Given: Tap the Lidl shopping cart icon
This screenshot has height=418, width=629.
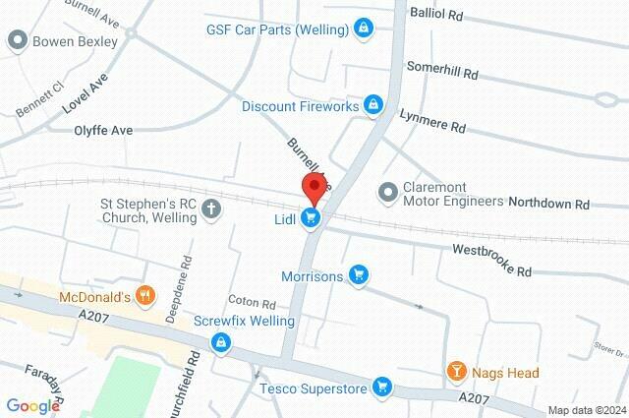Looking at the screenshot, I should pos(312,217).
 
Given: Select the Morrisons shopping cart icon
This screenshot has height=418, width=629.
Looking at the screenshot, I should pos(360,276).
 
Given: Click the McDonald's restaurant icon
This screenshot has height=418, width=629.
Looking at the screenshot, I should pos(145,294).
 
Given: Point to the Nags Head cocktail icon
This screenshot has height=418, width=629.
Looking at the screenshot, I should pos(456,371).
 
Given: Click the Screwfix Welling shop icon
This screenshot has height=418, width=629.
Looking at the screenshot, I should pos(222,341).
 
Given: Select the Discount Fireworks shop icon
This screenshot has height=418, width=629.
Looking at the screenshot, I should pos(372,103).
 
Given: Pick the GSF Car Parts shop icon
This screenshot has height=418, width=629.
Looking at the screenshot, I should pos(364,28).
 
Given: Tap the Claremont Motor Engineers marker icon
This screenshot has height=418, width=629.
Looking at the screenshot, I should pos(386,189).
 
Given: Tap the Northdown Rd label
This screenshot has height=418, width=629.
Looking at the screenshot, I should pos(548,205).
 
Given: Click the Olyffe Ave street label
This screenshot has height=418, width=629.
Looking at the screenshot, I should pos(103,129).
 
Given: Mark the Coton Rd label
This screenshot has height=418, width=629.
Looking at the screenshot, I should pos(251,303).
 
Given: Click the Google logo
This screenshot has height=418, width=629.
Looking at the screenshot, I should pos(31,405).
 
